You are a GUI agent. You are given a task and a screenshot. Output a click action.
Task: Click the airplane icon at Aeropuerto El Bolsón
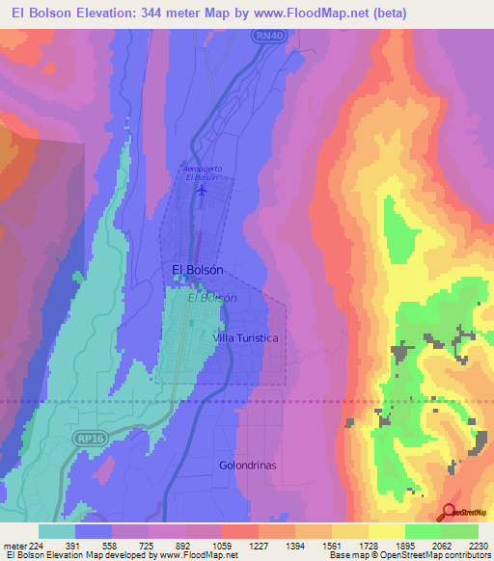(x=202, y=190)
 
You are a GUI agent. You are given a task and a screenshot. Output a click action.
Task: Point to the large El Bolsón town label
(x=198, y=271)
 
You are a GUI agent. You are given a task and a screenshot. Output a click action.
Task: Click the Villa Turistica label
(x=246, y=338)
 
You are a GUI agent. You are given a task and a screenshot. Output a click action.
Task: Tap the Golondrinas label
(x=248, y=464)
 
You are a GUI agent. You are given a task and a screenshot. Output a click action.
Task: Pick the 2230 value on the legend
(x=478, y=545)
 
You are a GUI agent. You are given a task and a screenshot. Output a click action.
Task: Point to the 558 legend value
(x=112, y=545)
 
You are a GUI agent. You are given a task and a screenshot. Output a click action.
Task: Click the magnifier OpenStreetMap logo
(x=448, y=513)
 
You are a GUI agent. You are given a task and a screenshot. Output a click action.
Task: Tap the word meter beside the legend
(x=12, y=545)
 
